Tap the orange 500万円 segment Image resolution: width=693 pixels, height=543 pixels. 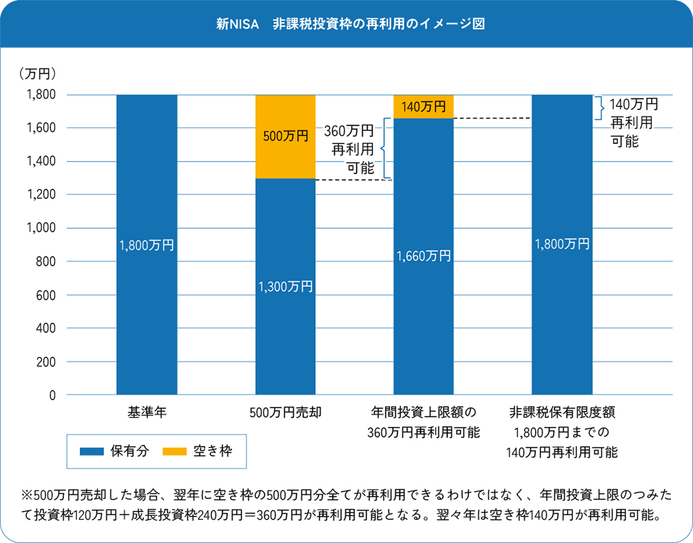tap(285, 137)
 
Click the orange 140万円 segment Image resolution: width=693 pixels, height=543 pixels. tap(424, 107)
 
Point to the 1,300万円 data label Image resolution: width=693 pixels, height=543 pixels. tap(285, 287)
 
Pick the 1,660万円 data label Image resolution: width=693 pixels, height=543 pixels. tap(424, 255)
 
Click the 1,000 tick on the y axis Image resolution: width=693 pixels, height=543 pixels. tap(41, 228)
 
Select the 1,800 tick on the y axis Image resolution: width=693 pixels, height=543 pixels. tap(41, 95)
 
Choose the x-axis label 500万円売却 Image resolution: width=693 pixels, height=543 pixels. tap(285, 412)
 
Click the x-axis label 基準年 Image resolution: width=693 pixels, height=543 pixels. tap(147, 412)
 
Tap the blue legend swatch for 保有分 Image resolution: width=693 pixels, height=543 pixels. tap(101, 451)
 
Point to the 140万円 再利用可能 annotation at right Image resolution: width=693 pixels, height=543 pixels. tap(633, 122)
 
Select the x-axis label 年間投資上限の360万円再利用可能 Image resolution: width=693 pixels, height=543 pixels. tap(424, 421)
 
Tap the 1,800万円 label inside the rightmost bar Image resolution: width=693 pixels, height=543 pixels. tap(562, 243)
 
